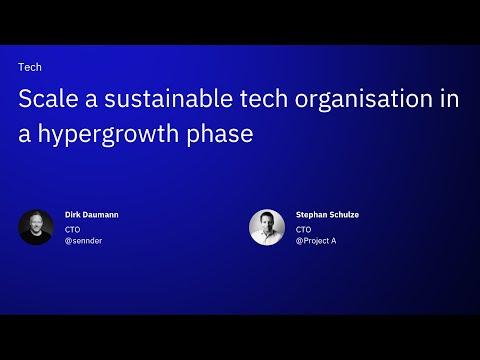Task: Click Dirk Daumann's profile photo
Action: click(36, 227)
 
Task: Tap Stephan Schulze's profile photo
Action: click(267, 227)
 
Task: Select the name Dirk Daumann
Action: click(91, 214)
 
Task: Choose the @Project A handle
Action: click(316, 241)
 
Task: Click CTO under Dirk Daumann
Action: click(72, 228)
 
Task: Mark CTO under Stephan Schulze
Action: click(304, 228)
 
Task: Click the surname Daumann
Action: click(100, 214)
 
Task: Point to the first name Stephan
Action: click(312, 214)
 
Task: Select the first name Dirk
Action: click(71, 214)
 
